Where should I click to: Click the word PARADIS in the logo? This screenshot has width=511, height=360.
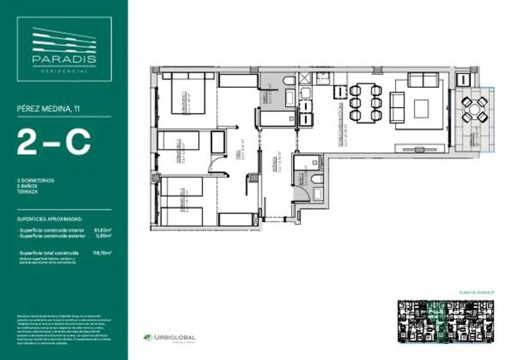(64, 60)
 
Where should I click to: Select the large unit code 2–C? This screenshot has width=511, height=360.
(53, 142)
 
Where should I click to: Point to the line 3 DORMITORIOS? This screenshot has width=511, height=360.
(35, 181)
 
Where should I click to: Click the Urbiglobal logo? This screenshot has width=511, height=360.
(169, 338)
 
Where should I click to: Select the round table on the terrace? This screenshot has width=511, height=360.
(474, 108)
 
